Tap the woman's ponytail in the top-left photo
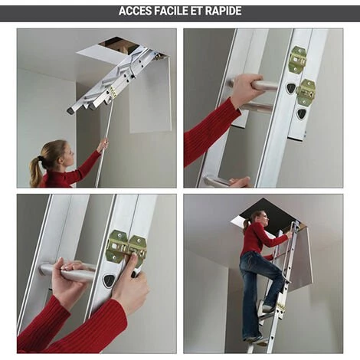(36, 170)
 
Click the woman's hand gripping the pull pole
(103, 145)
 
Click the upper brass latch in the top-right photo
(298, 59)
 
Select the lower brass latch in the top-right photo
(306, 92)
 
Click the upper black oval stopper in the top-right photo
(290, 88)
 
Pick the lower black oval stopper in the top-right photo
(301, 114)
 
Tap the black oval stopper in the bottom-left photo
(109, 280)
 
